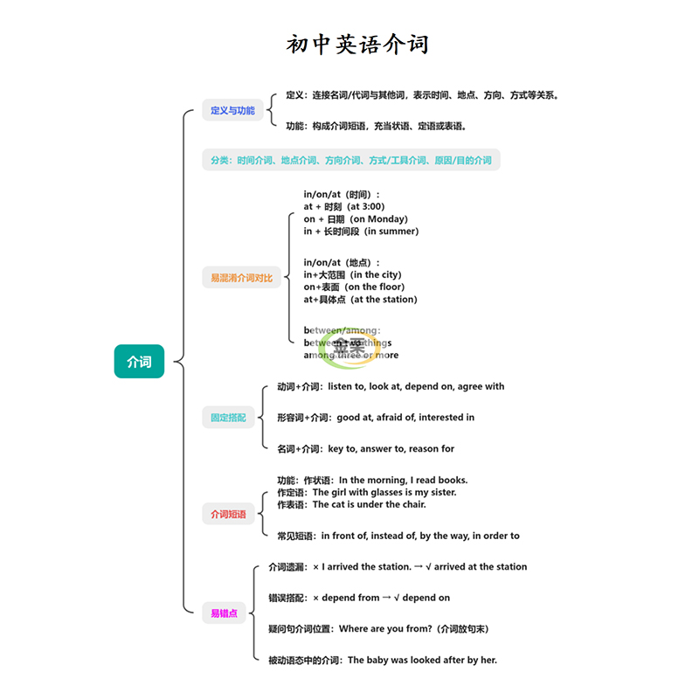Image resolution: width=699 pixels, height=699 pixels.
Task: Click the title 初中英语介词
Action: (x=357, y=45)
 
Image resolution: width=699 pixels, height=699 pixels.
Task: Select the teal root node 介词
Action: (x=139, y=362)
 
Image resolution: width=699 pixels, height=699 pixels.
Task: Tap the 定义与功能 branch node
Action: (x=232, y=111)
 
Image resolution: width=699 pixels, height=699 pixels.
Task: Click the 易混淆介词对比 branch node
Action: (x=241, y=278)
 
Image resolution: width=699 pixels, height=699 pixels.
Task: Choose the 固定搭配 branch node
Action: (x=228, y=418)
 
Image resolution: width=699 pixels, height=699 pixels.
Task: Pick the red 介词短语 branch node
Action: (x=228, y=515)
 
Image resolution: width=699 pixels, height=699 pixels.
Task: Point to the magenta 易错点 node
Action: (x=224, y=613)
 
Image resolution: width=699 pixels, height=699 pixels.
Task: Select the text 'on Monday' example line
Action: (x=356, y=218)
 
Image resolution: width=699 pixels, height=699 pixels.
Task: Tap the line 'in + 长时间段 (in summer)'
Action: (x=361, y=231)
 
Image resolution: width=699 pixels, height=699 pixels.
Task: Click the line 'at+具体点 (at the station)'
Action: (x=360, y=299)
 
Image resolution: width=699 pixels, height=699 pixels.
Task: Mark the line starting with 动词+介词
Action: (x=390, y=386)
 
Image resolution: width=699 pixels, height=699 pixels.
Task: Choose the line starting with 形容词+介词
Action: (x=375, y=418)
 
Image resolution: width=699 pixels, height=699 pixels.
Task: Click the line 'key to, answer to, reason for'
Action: (x=391, y=449)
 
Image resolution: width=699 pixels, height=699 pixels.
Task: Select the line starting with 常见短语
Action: (x=398, y=536)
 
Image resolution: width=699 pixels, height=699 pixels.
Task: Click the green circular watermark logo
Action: (x=343, y=342)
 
